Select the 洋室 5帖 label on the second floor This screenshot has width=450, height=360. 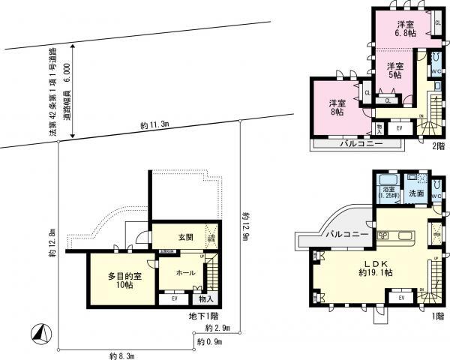(x=394, y=70)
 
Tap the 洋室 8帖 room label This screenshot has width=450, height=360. (x=336, y=107)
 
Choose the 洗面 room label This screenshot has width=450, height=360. (x=416, y=193)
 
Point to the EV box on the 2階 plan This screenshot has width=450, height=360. (x=399, y=128)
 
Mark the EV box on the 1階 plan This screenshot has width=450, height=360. (x=401, y=298)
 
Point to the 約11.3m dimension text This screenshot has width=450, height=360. (x=154, y=124)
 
